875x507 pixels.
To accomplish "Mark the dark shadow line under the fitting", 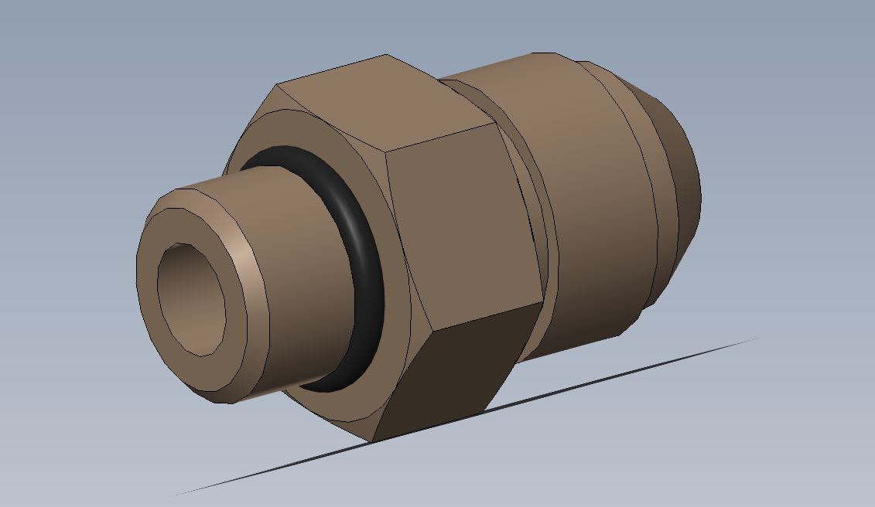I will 464,417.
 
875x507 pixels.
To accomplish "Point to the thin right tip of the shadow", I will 754,339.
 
